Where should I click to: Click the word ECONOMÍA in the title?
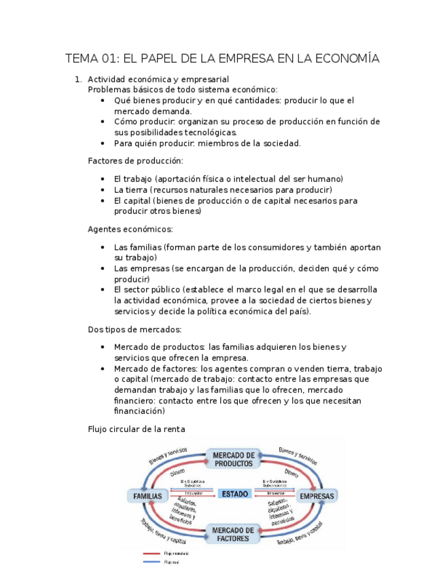pyautogui.click(x=342, y=58)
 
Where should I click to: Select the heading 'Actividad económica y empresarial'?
pyautogui.click(x=158, y=79)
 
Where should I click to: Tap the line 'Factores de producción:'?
pyautogui.click(x=135, y=161)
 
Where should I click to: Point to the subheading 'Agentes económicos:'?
pyautogui.click(x=130, y=229)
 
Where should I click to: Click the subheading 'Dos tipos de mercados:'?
pyautogui.click(x=135, y=329)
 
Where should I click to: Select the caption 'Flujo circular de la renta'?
pyautogui.click(x=137, y=429)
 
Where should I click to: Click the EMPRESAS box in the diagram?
pyautogui.click(x=317, y=497)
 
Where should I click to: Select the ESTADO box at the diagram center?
pyautogui.click(x=235, y=494)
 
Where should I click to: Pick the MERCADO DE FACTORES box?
pyautogui.click(x=233, y=534)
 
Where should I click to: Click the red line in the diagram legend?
pyautogui.click(x=152, y=554)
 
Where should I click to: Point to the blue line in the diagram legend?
pyautogui.click(x=152, y=562)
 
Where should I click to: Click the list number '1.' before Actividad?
pyautogui.click(x=78, y=79)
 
